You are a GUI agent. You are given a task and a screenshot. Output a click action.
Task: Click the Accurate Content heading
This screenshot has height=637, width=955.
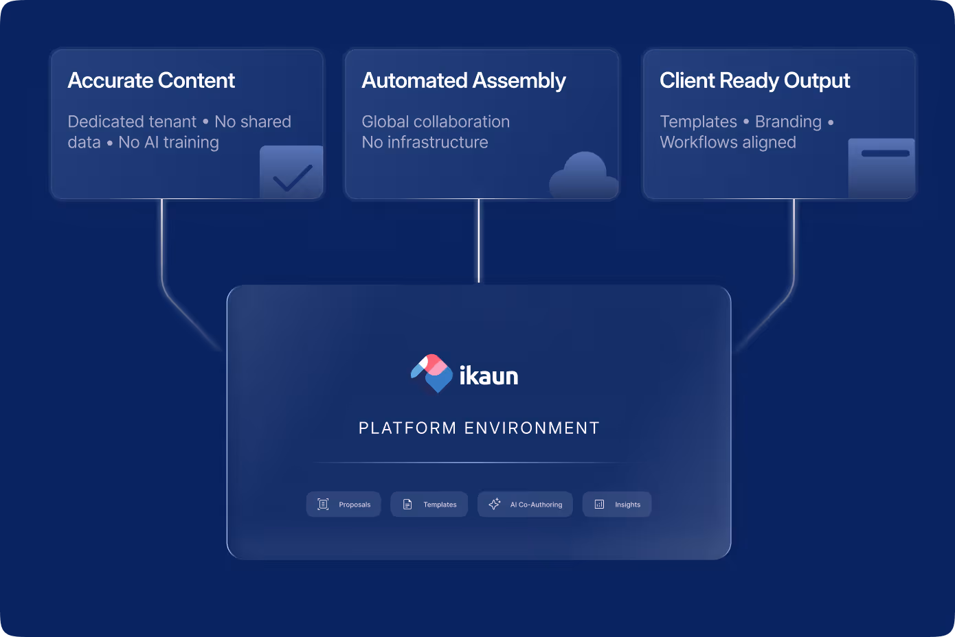point(151,81)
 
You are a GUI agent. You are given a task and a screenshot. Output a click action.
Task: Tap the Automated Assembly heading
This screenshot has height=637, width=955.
point(464,81)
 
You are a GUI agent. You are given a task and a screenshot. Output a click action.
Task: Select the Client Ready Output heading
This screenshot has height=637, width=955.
point(754,81)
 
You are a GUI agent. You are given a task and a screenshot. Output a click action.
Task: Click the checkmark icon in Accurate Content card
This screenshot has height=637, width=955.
point(292,176)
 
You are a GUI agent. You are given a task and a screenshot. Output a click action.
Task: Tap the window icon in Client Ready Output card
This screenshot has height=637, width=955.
point(882,168)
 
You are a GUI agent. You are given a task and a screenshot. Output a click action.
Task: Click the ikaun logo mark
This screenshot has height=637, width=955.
point(431,373)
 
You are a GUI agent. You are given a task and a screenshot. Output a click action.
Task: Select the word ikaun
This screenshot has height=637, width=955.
point(488,376)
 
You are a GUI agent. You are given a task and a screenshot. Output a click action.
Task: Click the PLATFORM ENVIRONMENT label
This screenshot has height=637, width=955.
point(479,428)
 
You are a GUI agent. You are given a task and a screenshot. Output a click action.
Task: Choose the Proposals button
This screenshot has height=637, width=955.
point(344,505)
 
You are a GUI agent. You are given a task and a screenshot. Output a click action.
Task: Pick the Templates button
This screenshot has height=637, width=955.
point(429,505)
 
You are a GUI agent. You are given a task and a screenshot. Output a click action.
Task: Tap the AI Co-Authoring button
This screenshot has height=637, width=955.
point(525,505)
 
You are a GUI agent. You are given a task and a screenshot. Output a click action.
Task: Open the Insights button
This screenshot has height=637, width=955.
point(617,505)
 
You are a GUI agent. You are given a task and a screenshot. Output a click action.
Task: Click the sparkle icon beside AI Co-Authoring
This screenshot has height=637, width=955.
point(495,505)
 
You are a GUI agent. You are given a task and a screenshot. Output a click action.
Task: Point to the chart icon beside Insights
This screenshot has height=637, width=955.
point(599,505)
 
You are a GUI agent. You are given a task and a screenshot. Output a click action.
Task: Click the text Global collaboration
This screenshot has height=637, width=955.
point(436,121)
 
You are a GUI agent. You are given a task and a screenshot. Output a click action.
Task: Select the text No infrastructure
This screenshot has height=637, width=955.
point(425,142)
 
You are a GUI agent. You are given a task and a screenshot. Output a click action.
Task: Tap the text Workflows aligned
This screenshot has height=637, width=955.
point(728,142)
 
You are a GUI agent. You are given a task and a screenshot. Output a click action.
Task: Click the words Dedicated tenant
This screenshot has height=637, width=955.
point(132,121)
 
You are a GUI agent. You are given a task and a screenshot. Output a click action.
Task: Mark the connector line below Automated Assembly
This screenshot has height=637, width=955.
point(479,240)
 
